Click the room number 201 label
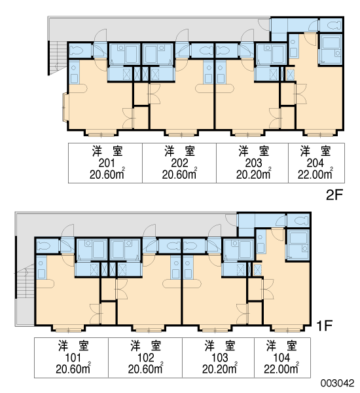[x=107, y=163]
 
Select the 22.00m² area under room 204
[x=315, y=174]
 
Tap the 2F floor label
[x=334, y=195]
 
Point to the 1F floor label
[x=324, y=326]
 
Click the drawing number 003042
[x=338, y=383]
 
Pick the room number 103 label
[x=219, y=358]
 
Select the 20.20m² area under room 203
[x=253, y=174]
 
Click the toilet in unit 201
[x=76, y=50]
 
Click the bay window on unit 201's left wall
[x=65, y=107]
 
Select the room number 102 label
[x=146, y=358]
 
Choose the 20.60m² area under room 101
[x=73, y=368]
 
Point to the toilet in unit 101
[x=44, y=246]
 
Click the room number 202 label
[x=179, y=163]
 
